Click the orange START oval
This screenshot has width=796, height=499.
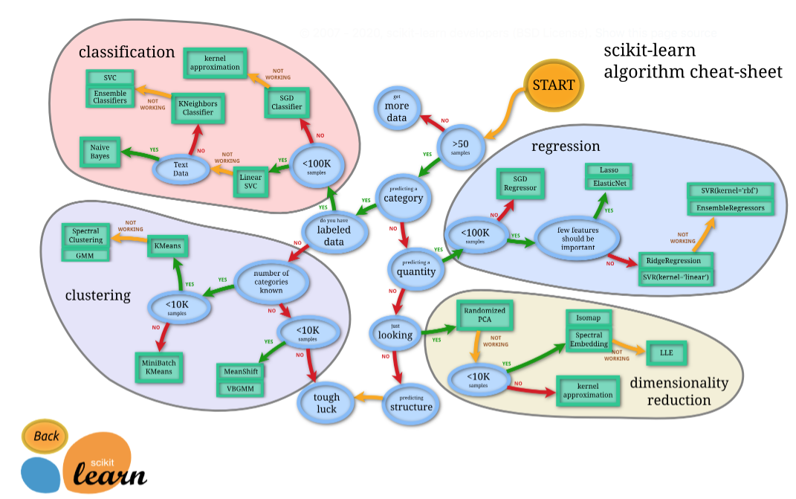pyautogui.click(x=554, y=85)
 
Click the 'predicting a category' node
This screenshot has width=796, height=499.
pyautogui.click(x=403, y=194)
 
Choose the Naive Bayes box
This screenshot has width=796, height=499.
pyautogui.click(x=100, y=153)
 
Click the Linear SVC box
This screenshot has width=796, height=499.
pyautogui.click(x=250, y=183)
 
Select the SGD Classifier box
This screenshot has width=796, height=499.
pyautogui.click(x=287, y=102)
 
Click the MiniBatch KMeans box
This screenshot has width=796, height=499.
pyautogui.click(x=158, y=367)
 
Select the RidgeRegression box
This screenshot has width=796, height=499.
pyautogui.click(x=673, y=261)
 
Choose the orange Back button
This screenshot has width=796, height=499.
pyautogui.click(x=45, y=437)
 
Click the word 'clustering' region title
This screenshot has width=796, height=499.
pyautogui.click(x=97, y=295)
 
